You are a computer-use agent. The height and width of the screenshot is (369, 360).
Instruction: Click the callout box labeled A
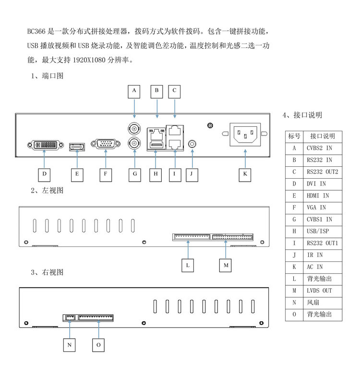click(x=134, y=92)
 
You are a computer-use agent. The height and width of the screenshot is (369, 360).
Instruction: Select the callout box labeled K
click(x=245, y=175)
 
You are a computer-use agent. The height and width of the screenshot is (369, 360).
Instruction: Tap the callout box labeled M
click(x=225, y=265)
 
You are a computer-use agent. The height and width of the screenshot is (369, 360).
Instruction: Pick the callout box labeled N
click(x=70, y=345)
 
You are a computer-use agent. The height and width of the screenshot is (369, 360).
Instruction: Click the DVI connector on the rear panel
click(x=46, y=145)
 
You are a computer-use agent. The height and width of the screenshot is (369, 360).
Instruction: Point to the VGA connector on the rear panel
click(x=106, y=144)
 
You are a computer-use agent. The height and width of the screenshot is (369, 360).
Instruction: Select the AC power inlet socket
click(x=245, y=135)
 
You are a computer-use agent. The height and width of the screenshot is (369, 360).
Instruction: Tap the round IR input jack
click(x=192, y=144)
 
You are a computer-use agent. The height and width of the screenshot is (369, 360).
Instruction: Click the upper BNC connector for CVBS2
click(x=134, y=129)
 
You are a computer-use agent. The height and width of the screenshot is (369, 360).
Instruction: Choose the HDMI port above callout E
click(x=77, y=147)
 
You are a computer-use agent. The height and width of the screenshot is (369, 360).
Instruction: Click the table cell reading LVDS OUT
click(x=323, y=291)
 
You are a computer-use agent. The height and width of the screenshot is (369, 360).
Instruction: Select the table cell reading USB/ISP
click(x=323, y=232)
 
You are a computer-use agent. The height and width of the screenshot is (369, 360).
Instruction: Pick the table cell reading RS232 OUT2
click(x=323, y=172)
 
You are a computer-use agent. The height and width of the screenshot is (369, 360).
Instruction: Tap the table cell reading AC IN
click(x=323, y=267)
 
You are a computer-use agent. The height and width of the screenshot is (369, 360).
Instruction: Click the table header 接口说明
click(x=323, y=136)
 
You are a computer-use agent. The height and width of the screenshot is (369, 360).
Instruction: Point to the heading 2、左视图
click(x=47, y=190)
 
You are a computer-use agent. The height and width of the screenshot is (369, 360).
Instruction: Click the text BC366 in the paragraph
click(x=36, y=31)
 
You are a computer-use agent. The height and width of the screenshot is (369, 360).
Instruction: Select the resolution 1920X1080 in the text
click(x=89, y=60)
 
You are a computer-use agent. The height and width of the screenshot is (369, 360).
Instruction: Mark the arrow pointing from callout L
click(x=188, y=249)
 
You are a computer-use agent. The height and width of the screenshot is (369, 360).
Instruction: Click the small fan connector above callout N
click(x=70, y=318)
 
